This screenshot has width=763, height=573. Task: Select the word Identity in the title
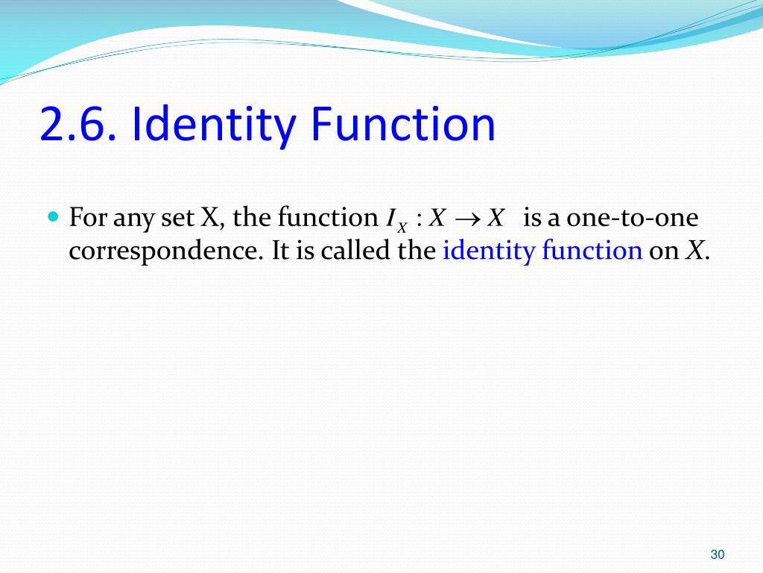211,125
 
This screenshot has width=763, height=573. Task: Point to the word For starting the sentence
88,219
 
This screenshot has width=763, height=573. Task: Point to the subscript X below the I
402,226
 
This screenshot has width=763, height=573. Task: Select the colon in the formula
420,219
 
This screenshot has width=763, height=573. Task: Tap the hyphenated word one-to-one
633,219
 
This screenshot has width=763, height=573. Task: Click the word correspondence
165,251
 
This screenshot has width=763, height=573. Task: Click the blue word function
592,251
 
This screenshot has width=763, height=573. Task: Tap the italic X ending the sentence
693,251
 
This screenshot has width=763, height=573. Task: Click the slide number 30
718,554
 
